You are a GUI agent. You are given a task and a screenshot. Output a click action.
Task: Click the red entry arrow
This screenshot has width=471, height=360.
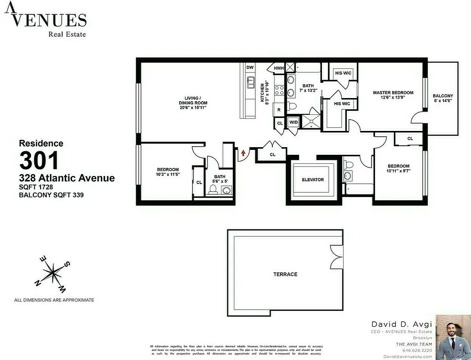pos(243,153)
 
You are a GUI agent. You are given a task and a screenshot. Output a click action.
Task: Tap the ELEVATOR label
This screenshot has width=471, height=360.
pos(313,180)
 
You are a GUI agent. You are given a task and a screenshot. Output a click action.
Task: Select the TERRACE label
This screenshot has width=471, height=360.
pos(285,274)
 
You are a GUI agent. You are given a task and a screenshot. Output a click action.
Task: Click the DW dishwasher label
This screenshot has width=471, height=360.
pos(250,67)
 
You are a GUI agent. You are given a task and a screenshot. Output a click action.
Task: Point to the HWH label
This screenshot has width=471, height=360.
pos(279,68)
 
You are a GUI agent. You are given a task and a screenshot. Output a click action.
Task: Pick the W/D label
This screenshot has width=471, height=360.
pos(293,122)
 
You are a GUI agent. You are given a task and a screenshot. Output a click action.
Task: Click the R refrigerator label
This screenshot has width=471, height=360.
pos(279,109)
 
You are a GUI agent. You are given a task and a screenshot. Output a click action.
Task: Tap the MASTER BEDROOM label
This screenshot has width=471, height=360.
pos(393,93)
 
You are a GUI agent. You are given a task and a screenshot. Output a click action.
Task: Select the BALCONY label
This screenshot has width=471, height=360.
pos(443,96)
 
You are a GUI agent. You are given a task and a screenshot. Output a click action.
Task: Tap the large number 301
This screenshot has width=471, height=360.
pos(39,161)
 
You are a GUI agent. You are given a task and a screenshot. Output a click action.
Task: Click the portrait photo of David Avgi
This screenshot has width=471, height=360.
pos(453,337)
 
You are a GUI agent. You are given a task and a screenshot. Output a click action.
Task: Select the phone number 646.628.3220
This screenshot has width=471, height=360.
pos(417,350)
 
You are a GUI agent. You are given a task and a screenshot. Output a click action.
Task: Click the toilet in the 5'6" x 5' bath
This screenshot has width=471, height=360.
pos(214,189)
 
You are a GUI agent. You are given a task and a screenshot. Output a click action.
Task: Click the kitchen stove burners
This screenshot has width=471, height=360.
pos(279,90)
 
